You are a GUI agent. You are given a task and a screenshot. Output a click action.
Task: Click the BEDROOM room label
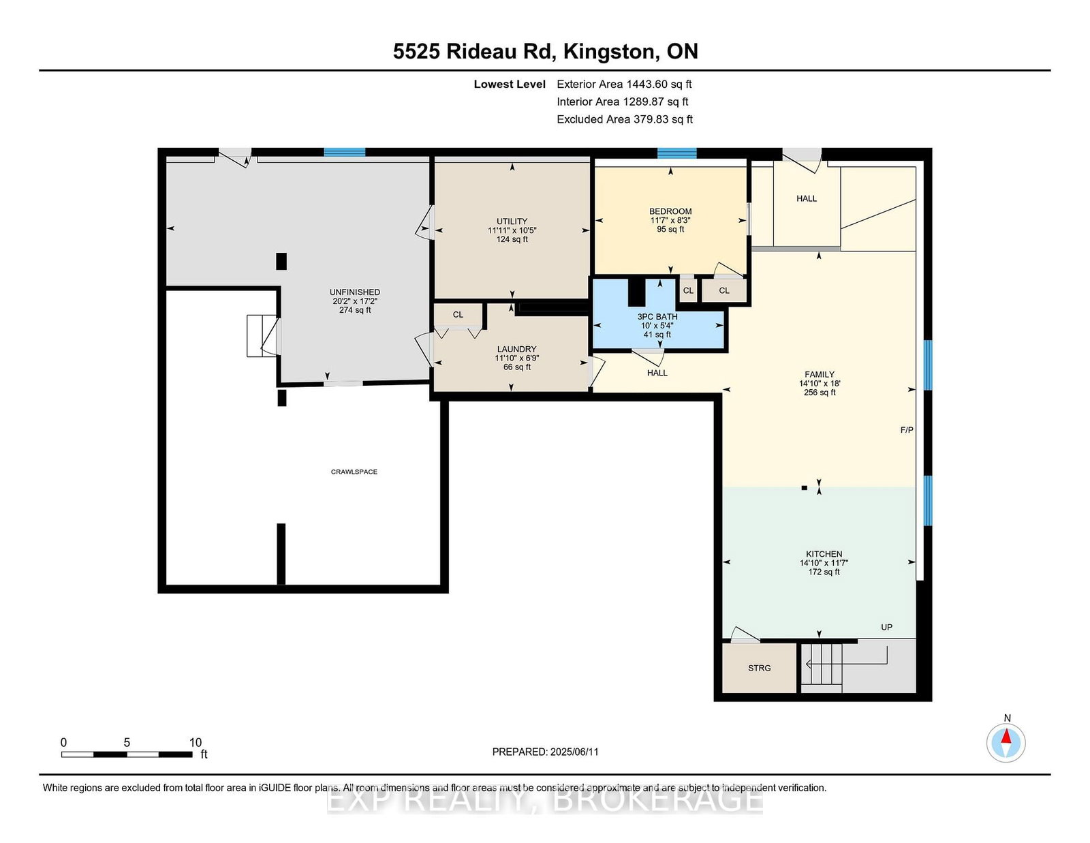point(670,211)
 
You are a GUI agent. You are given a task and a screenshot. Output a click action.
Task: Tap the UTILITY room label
point(512,221)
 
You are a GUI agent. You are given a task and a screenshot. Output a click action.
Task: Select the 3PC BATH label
point(657,317)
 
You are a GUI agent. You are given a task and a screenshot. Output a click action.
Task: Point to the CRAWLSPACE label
point(354,472)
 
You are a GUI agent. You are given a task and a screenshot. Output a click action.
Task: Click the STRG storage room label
point(759,668)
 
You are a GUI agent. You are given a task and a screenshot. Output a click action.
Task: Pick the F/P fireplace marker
point(907,430)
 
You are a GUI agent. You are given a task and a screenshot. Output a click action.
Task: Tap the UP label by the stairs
point(886,627)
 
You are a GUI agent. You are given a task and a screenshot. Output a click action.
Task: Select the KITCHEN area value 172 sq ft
point(824,572)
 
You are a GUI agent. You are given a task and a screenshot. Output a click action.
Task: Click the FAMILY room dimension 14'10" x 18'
point(820,384)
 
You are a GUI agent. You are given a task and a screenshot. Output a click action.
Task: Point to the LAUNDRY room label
point(516,349)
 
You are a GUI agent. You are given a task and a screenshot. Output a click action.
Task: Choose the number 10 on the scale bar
point(195,742)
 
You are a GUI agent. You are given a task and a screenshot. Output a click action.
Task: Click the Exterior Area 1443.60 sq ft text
point(624,85)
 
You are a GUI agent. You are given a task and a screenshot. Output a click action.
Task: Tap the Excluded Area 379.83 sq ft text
point(625,119)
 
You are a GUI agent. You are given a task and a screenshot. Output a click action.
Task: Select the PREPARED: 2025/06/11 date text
point(545,752)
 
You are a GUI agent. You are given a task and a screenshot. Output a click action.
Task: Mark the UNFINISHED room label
point(355,292)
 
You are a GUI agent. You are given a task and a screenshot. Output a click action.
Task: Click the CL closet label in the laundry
point(458,315)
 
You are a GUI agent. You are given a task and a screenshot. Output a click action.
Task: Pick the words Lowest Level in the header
point(510,85)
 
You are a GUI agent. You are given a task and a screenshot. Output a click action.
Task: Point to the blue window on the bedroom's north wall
point(676,153)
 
